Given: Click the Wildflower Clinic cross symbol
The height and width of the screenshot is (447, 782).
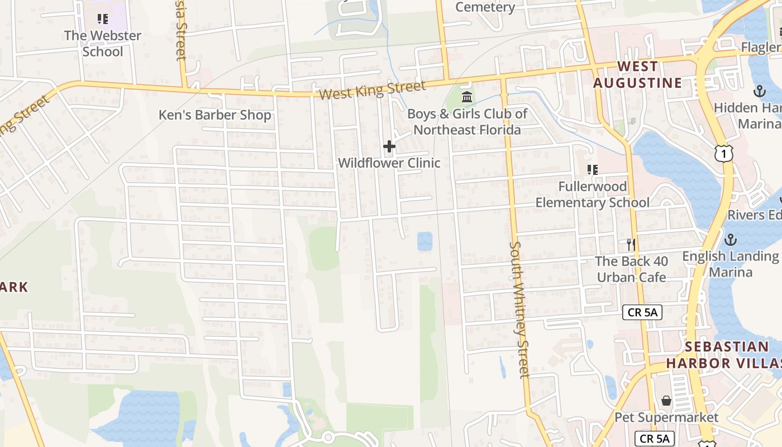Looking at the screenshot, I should click(389, 147).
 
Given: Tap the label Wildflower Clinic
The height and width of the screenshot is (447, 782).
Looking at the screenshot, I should click(389, 163).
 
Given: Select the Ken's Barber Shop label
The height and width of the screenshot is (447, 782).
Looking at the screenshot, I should click(215, 115).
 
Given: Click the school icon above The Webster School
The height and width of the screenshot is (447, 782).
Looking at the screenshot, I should click(102, 20).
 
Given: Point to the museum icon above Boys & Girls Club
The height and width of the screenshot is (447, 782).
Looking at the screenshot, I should click(467, 98).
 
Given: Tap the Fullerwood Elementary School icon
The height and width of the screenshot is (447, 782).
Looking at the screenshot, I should click(593, 169).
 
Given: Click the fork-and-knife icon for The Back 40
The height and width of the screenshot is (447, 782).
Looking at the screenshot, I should click(631, 244).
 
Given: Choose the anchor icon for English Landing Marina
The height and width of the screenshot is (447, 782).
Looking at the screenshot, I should click(730, 240).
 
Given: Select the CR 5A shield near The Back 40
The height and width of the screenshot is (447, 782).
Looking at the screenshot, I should click(642, 312).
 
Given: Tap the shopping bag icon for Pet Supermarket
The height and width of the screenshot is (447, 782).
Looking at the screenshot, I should click(666, 401).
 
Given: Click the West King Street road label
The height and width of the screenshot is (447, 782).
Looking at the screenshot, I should click(372, 89).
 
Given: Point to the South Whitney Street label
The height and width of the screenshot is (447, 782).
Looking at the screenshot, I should click(518, 310).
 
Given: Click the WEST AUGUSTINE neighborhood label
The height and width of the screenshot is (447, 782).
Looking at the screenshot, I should click(637, 75).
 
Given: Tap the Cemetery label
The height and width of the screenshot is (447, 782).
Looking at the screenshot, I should click(485, 7).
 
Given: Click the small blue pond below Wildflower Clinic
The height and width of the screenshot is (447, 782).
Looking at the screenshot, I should click(425, 241).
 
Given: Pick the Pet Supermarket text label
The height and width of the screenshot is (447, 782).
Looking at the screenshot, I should click(666, 417).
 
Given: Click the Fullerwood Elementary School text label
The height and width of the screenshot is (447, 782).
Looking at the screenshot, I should click(593, 194).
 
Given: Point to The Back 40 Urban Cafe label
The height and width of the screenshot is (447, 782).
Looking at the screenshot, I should click(631, 269).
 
